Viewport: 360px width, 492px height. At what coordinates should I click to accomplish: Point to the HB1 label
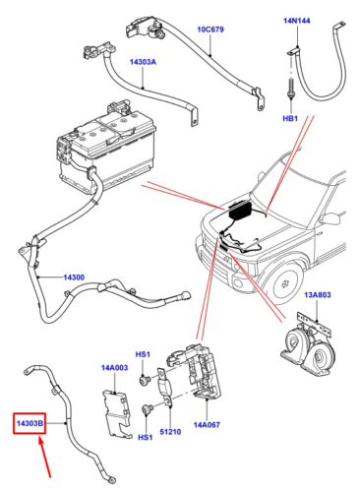pyautogui.click(x=290, y=118)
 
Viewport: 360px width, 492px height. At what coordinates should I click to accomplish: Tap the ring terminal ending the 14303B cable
pyautogui.click(x=116, y=479)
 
